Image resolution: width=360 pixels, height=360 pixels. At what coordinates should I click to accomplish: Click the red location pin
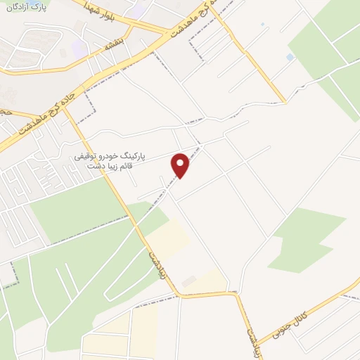tap(181, 165)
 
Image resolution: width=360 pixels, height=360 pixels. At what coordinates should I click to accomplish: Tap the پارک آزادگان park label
tap(26, 8)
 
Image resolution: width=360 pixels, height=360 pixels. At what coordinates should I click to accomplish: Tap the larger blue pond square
tap(290, 57)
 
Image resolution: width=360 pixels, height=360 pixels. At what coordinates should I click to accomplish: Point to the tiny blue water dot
tap(262, 25)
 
